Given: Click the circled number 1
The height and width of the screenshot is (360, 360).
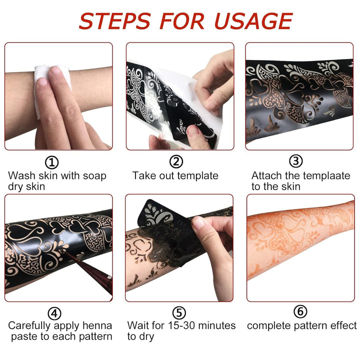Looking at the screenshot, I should (52, 161).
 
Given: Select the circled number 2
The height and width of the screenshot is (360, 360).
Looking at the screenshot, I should (176, 161).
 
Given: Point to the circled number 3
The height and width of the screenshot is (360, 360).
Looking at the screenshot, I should (296, 161).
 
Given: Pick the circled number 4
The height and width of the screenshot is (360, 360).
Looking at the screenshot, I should (54, 313).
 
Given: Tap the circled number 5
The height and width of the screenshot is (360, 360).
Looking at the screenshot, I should (178, 313).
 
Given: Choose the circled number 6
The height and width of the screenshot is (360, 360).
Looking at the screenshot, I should (300, 312).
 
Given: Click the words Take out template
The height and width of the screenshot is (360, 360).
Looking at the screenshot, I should (175, 176).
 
